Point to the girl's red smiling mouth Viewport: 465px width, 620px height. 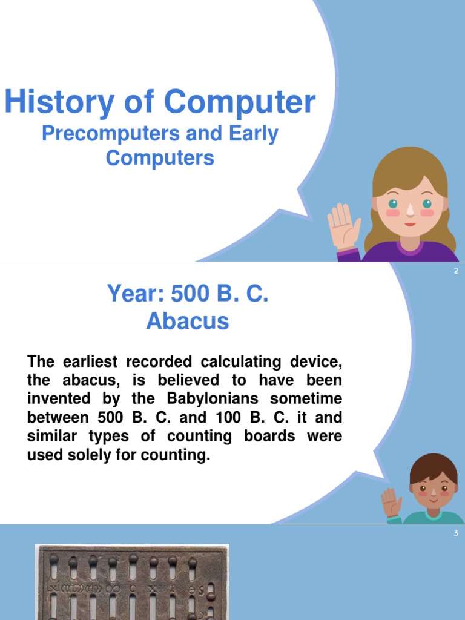pos(410,223)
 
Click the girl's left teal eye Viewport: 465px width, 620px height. pos(393,203)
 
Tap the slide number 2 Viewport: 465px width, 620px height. pos(456,271)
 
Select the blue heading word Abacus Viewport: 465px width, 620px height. pos(188,321)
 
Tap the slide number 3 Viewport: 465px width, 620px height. pos(456,533)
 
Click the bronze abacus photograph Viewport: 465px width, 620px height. pos(132,581)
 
